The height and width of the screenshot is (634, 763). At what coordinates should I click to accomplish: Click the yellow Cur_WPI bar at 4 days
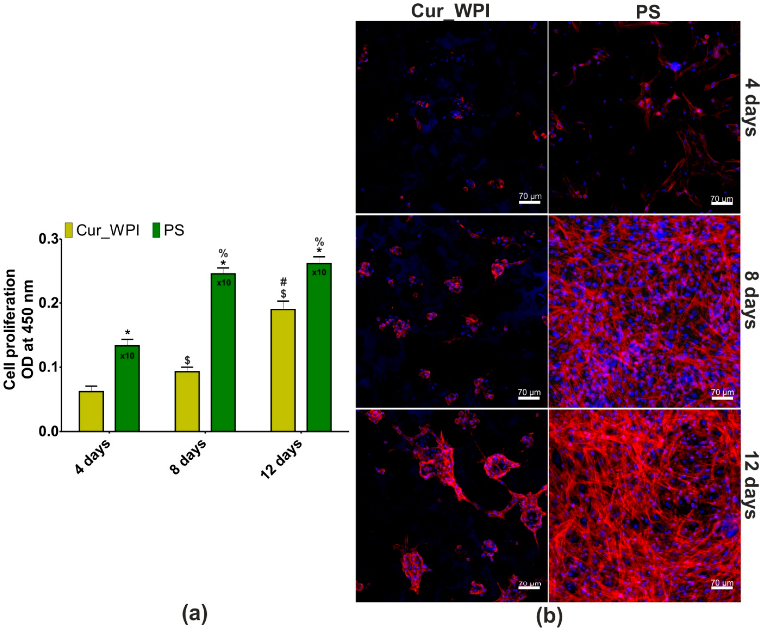(x=91, y=411)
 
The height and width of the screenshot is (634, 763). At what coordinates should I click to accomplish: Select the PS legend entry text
(x=174, y=230)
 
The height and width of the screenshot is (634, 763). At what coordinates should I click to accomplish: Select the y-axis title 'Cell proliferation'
(x=10, y=329)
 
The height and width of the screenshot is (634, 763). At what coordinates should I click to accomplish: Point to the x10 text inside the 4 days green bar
(x=127, y=356)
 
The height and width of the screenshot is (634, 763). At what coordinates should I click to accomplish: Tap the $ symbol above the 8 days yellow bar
(x=187, y=360)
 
